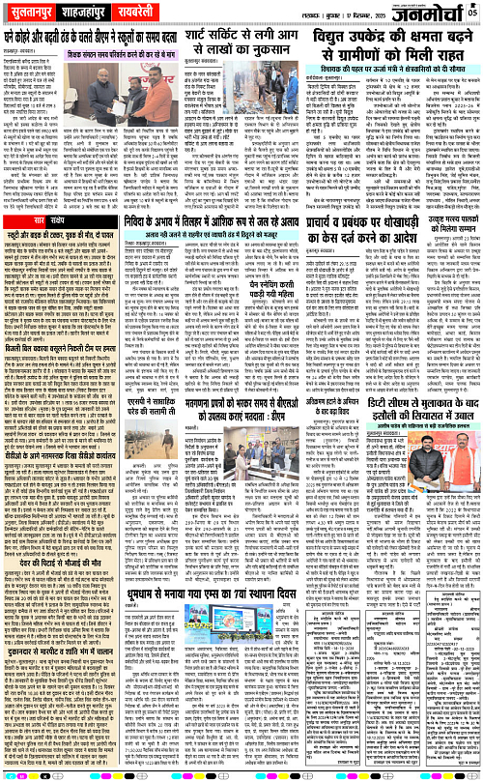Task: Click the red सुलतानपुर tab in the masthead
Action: click(x=33, y=12)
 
